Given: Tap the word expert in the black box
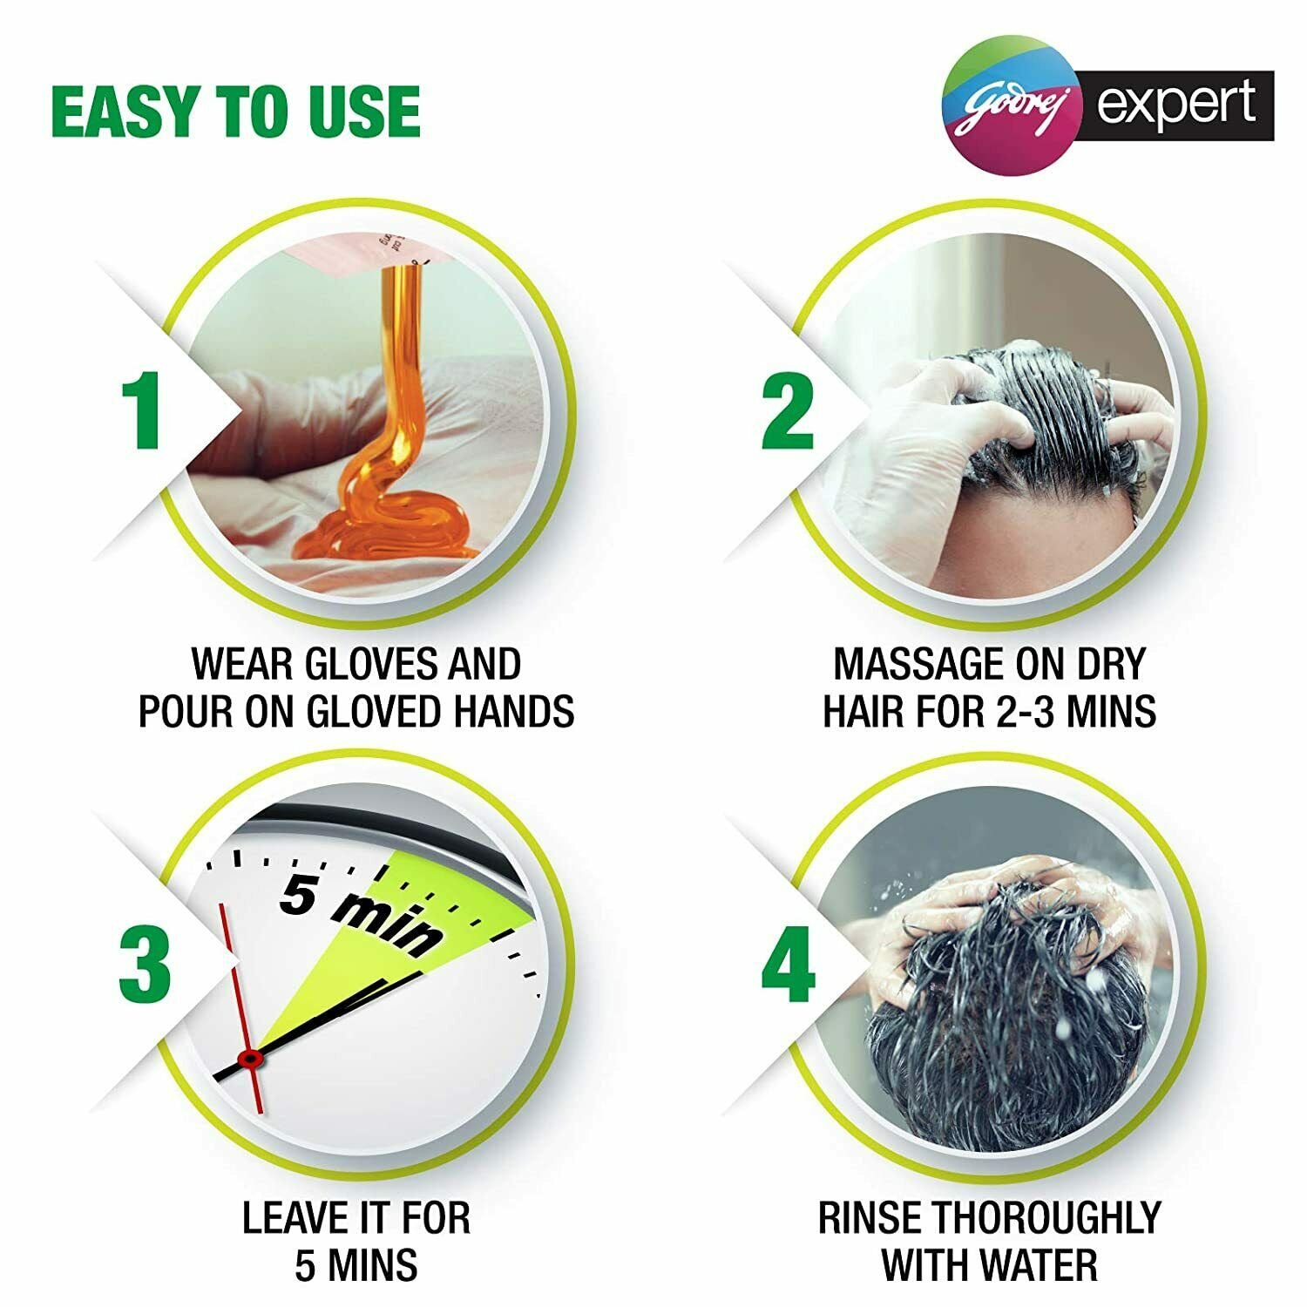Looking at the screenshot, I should point(1176,105).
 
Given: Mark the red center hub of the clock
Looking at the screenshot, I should point(251,1059).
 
